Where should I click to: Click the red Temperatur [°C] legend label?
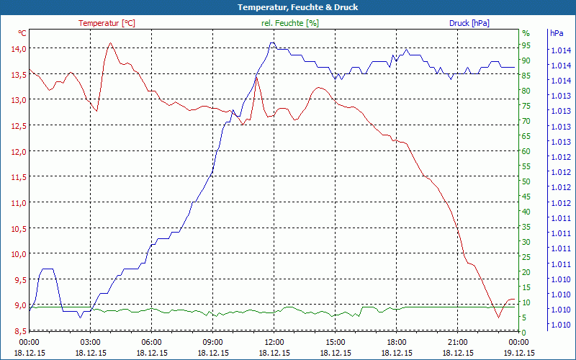(x=107, y=23)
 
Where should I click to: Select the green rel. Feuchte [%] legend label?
(x=289, y=23)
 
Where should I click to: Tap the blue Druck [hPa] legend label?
(x=469, y=23)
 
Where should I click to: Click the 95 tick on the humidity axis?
(x=526, y=45)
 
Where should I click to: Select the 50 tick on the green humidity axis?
(x=526, y=181)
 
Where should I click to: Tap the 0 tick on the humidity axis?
(x=524, y=332)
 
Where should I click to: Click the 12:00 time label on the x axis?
(x=274, y=343)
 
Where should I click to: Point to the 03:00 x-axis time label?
(x=90, y=343)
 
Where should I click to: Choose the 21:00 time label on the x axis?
(x=458, y=343)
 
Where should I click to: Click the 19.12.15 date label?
(x=519, y=353)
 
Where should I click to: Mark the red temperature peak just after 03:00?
(x=110, y=43)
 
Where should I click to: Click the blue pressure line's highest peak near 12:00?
(x=271, y=43)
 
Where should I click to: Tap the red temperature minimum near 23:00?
(x=498, y=317)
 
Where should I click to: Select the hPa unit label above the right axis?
(x=557, y=33)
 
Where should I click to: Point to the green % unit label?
(x=526, y=33)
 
